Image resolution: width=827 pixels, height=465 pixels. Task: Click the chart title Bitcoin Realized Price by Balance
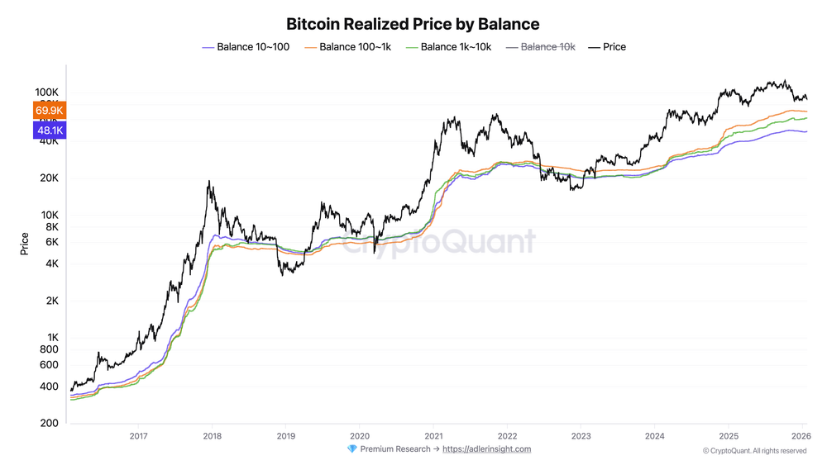[x=413, y=24]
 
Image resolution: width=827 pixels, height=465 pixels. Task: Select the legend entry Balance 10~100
[x=252, y=47]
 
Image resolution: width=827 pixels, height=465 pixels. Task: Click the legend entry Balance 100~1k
[x=355, y=47]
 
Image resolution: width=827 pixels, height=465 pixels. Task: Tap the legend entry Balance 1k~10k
[x=456, y=47]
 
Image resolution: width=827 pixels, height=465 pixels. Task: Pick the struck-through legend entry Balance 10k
[x=547, y=47]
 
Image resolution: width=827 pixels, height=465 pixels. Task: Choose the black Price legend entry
[x=614, y=47]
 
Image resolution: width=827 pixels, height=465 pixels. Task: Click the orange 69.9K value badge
[x=50, y=111]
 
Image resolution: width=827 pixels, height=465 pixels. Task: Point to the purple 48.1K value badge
[x=50, y=130]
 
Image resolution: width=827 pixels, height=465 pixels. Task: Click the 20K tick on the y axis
[x=47, y=178]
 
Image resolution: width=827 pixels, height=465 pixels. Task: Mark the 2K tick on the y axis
[x=50, y=301]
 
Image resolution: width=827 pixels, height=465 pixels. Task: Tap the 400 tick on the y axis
[x=48, y=387]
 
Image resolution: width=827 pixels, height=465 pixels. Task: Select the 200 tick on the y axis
[x=48, y=424]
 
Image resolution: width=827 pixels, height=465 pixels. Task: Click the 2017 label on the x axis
[x=138, y=435]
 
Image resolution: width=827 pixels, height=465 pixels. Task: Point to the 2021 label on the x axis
[x=433, y=435]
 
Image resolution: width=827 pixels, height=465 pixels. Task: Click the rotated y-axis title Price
[x=25, y=244]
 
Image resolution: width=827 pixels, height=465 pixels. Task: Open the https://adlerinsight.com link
[x=486, y=449]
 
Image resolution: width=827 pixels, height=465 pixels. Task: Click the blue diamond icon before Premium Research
[x=352, y=449]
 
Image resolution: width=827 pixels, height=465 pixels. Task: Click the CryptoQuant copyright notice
[x=754, y=451]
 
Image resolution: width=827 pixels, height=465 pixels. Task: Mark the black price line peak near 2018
[x=209, y=182]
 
